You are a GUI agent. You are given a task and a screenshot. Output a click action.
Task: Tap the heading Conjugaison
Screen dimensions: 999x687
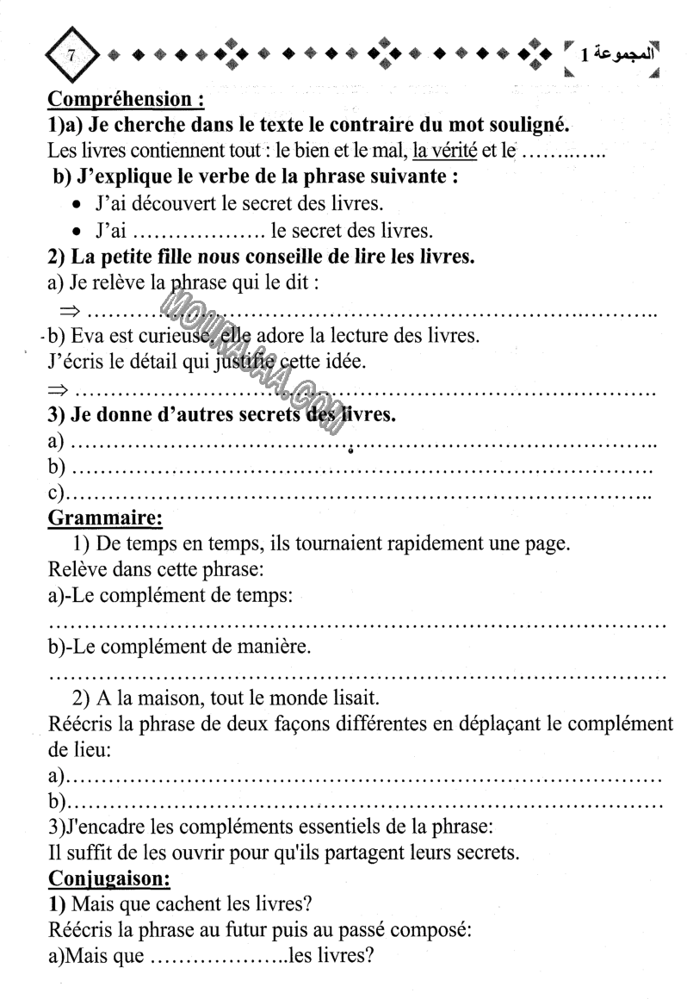(108, 879)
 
